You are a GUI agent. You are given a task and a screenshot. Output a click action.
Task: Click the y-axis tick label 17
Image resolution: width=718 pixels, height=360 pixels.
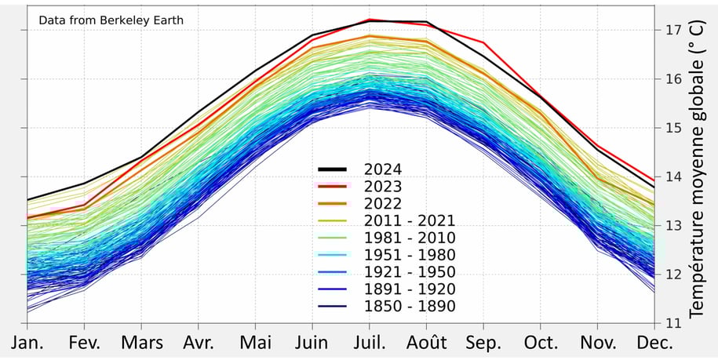pos(672,30)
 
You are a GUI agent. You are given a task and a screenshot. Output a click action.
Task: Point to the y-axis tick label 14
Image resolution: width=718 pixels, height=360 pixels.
pos(672,176)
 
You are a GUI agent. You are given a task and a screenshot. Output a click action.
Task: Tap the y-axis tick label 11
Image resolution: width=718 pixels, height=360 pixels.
pos(672,322)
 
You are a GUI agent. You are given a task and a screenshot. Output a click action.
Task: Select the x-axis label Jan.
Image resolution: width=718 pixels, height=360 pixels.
pos(27,344)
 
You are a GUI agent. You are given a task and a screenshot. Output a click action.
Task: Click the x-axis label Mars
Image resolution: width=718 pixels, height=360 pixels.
pos(141,344)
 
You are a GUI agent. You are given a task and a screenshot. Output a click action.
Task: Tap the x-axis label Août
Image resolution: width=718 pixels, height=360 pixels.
pos(427,344)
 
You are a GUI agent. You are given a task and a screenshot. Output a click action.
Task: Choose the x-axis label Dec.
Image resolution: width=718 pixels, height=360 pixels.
pos(655,344)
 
